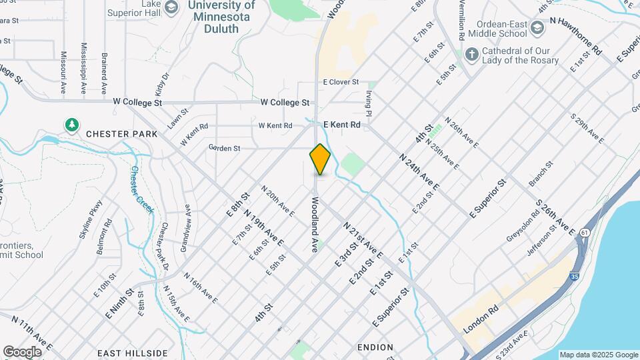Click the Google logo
coord(22,351)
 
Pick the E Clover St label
coord(341,82)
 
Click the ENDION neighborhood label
coord(375,347)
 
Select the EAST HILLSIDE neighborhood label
coord(132,353)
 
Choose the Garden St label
coord(224,148)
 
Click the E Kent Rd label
coord(341,125)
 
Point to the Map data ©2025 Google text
coord(599,355)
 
